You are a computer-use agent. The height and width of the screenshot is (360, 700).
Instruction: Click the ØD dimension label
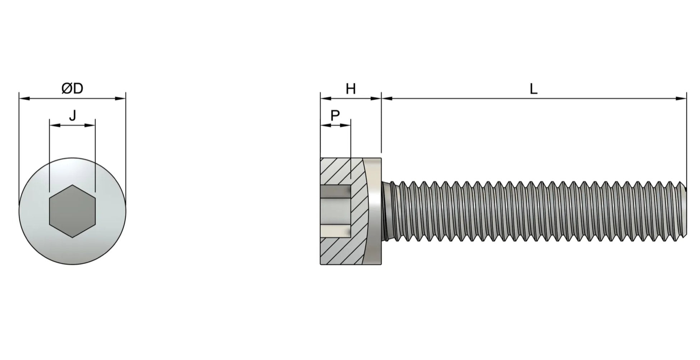point(72,88)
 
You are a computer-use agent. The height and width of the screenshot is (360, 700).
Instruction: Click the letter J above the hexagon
point(73,116)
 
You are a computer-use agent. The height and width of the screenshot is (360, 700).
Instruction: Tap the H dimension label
point(351,89)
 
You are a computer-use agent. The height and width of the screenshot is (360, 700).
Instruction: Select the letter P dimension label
point(335,116)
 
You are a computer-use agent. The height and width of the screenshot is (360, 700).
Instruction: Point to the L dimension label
point(534,89)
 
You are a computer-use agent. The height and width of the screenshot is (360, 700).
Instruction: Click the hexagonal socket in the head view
point(72,211)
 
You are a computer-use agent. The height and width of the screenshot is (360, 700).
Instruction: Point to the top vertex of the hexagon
point(72,185)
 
